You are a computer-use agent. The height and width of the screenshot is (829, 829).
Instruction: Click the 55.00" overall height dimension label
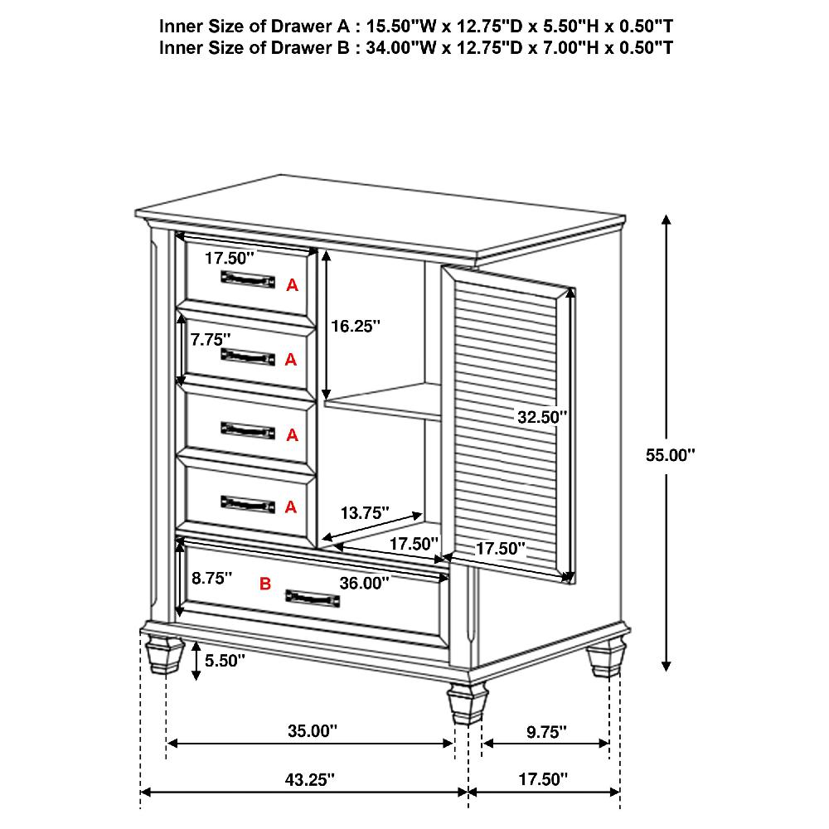point(670,454)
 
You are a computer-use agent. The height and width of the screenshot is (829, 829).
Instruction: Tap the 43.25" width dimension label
point(311,779)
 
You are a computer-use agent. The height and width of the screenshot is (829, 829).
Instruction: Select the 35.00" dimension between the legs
point(313,730)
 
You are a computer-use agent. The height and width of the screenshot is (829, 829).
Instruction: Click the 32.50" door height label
point(542,418)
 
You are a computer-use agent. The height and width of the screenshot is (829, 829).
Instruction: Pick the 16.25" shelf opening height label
point(356,327)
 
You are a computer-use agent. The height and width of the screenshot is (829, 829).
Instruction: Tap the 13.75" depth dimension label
point(365,513)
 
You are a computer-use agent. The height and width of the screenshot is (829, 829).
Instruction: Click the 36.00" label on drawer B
point(365,583)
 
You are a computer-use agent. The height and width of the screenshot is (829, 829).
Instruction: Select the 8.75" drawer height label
point(211,579)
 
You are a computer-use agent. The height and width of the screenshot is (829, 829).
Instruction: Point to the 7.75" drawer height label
point(210,340)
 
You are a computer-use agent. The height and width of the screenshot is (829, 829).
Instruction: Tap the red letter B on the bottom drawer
point(265,584)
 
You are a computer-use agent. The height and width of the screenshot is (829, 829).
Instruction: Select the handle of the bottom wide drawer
point(312,598)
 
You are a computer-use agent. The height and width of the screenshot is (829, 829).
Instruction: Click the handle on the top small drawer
point(248,279)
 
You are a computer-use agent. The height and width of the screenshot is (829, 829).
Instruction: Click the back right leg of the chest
point(604,660)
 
